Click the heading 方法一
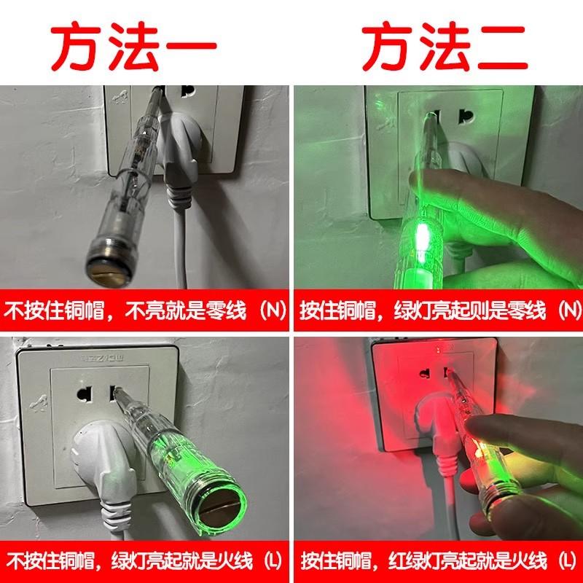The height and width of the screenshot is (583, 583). (134, 46)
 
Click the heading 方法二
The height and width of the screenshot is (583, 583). (445, 46)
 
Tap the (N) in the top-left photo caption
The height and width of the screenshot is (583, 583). (273, 310)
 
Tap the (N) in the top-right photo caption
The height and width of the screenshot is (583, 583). (568, 310)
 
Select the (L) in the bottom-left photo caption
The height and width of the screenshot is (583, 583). (273, 560)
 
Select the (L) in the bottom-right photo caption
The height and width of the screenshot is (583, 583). (568, 560)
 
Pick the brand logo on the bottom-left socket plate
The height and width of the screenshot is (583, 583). (103, 359)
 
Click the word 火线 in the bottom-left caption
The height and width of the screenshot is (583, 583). (232, 560)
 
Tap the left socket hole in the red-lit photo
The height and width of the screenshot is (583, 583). (425, 373)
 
